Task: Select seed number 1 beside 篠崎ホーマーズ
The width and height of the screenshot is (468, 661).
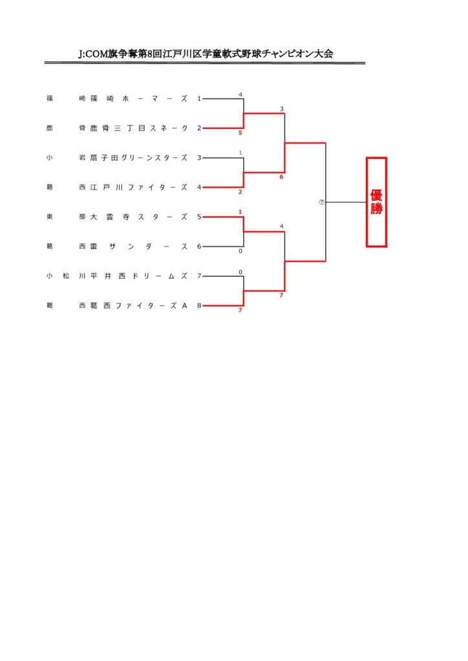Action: pyautogui.click(x=199, y=99)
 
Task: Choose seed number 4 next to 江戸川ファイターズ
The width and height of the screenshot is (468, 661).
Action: pyautogui.click(x=199, y=187)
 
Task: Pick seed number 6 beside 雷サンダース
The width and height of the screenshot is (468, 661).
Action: pyautogui.click(x=199, y=247)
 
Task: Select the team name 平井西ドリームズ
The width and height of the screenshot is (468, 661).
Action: pyautogui.click(x=138, y=276)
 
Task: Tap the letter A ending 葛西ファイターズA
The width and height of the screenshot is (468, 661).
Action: pyautogui.click(x=184, y=306)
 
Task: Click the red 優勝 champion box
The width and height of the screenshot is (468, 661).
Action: pyautogui.click(x=376, y=202)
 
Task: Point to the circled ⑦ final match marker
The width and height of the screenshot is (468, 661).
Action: pyautogui.click(x=321, y=202)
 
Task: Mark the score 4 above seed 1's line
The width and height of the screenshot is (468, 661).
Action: pyautogui.click(x=240, y=95)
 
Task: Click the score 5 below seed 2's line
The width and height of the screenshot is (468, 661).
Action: pyautogui.click(x=240, y=133)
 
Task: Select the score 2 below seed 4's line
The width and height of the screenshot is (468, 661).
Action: pyautogui.click(x=240, y=192)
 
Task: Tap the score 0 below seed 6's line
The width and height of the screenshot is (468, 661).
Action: pyautogui.click(x=240, y=251)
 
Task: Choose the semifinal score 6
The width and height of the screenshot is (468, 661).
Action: pyautogui.click(x=281, y=176)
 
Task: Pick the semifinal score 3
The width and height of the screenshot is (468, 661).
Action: pyautogui.click(x=281, y=108)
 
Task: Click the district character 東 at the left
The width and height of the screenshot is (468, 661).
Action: pyautogui.click(x=50, y=217)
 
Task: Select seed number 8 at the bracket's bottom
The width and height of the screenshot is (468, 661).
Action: pyautogui.click(x=199, y=306)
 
